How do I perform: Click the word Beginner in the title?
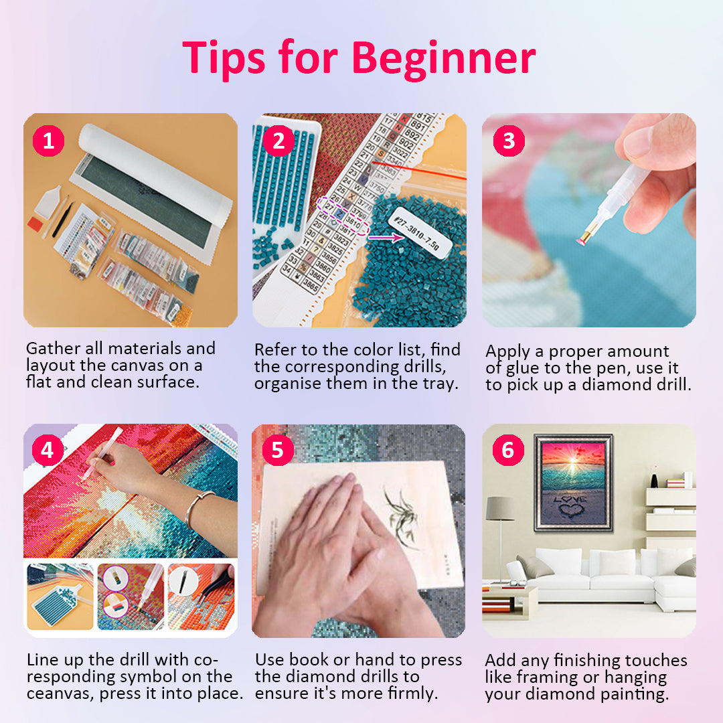click(x=443, y=59)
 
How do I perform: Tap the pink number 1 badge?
click(x=49, y=141)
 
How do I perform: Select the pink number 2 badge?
click(x=278, y=141)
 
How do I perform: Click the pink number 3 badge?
click(x=509, y=141)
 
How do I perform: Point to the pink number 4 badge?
click(x=48, y=450)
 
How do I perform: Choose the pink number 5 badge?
click(x=277, y=450)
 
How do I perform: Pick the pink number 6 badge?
click(x=509, y=450)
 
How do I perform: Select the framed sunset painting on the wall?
click(x=573, y=482)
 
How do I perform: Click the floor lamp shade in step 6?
click(x=499, y=508)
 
